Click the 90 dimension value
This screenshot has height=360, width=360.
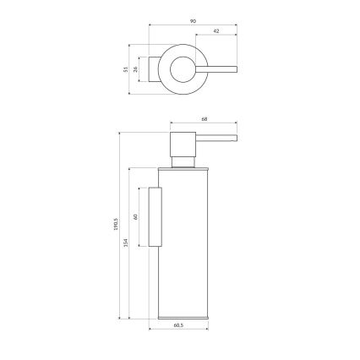coord(193,20)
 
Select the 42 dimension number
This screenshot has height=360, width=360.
coord(215,31)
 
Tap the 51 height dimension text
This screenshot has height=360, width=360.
coord(127,68)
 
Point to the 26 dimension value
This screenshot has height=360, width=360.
coord(138,68)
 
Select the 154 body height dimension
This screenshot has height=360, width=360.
coord(126,243)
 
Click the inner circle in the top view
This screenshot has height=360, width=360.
coord(180,68)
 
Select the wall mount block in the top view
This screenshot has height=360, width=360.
coord(153,68)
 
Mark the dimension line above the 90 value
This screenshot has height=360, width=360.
coord(193,25)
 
